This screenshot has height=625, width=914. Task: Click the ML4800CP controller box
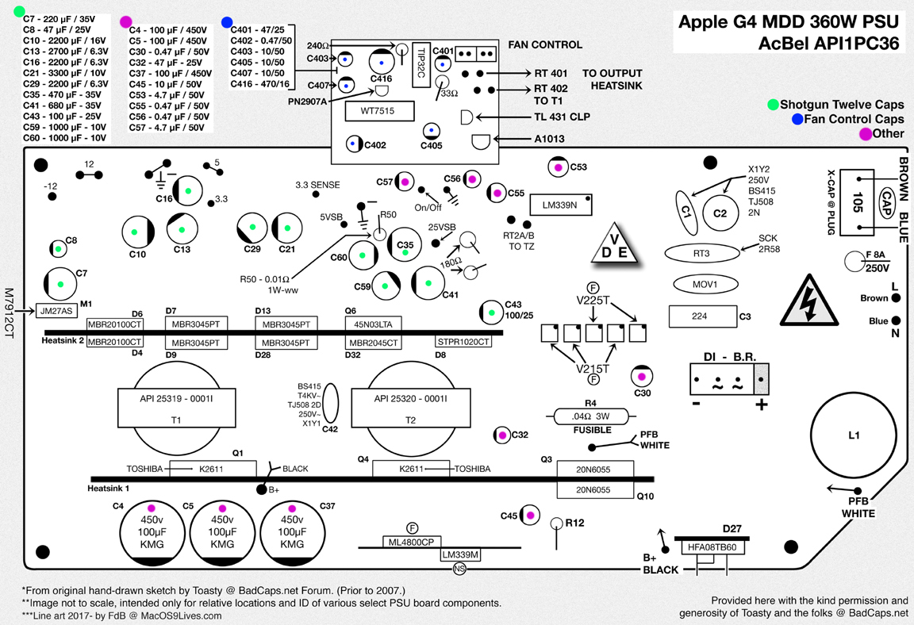coord(411,543)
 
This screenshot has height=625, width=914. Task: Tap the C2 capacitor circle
coord(720,213)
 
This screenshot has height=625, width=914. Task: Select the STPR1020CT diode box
coord(463,342)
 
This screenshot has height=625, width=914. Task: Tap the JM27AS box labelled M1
coord(57,311)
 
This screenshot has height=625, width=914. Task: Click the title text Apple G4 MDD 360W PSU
coord(789,21)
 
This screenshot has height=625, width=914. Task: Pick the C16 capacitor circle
coord(184,193)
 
